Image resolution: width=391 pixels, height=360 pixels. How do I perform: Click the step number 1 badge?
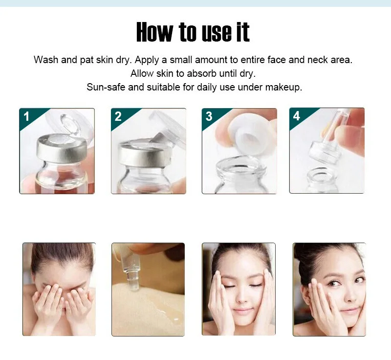coord(26,116)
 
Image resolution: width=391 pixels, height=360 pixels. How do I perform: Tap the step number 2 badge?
coord(118,116)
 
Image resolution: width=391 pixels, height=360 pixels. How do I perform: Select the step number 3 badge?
coord(209,116)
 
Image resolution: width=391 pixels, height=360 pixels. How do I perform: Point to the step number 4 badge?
coord(297,116)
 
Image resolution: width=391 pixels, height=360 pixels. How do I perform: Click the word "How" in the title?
coord(154,32)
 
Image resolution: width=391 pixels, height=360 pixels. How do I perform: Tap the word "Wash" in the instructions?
coord(46,60)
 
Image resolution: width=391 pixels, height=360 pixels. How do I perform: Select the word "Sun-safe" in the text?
coord(106,88)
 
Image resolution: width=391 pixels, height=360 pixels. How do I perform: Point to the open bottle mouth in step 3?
coord(240,165)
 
